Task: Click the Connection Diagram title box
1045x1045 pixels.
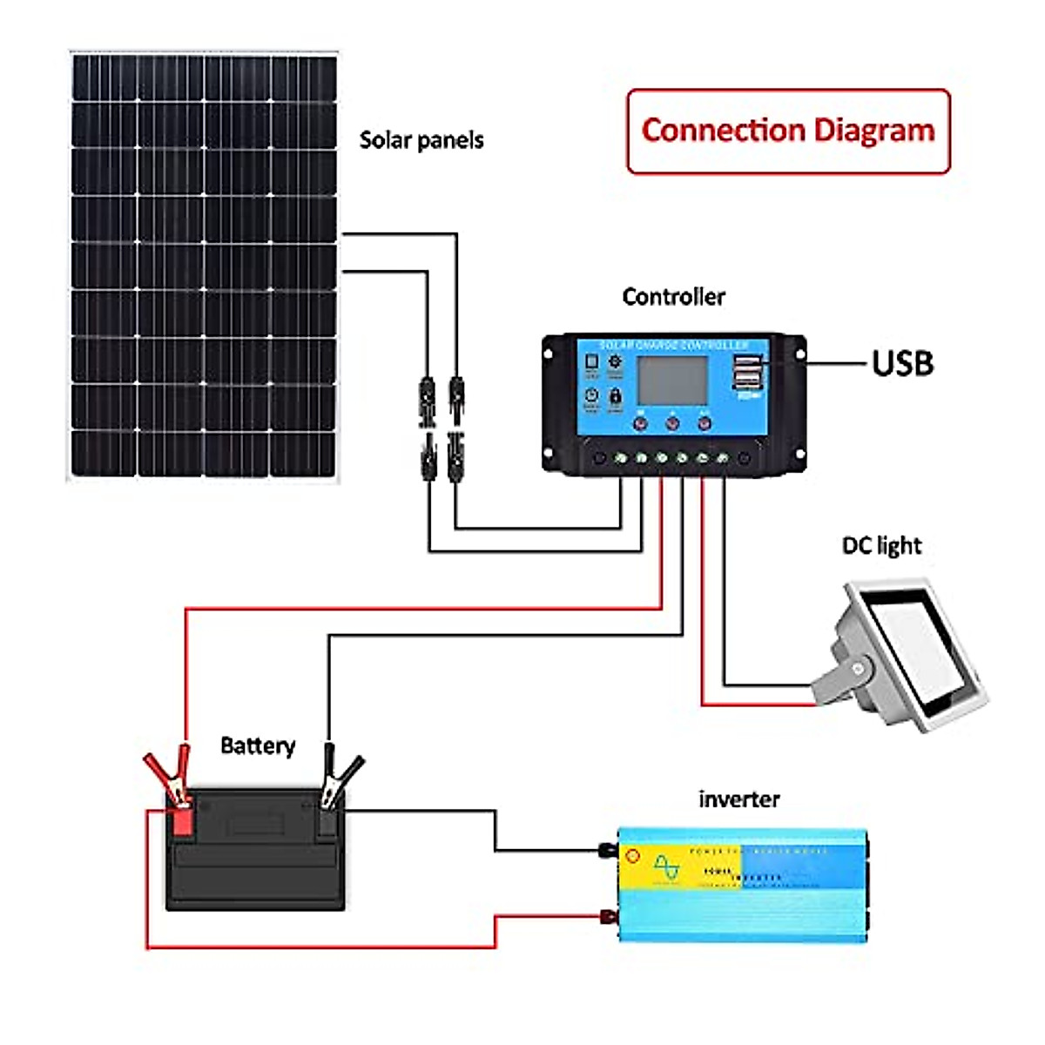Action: tap(788, 131)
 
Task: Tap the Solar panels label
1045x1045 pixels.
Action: tap(421, 140)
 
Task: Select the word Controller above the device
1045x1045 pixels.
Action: tap(673, 297)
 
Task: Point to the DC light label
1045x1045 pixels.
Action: tap(881, 546)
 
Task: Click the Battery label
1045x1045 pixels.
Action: tap(258, 746)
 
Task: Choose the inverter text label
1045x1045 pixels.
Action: tap(739, 799)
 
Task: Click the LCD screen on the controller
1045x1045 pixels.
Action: tap(672, 381)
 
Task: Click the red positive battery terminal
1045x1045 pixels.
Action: tap(182, 822)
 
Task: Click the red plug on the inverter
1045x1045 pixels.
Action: tap(605, 916)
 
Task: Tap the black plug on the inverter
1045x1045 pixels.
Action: tap(605, 849)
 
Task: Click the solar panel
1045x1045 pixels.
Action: tap(203, 266)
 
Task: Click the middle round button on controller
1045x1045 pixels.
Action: tap(672, 424)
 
